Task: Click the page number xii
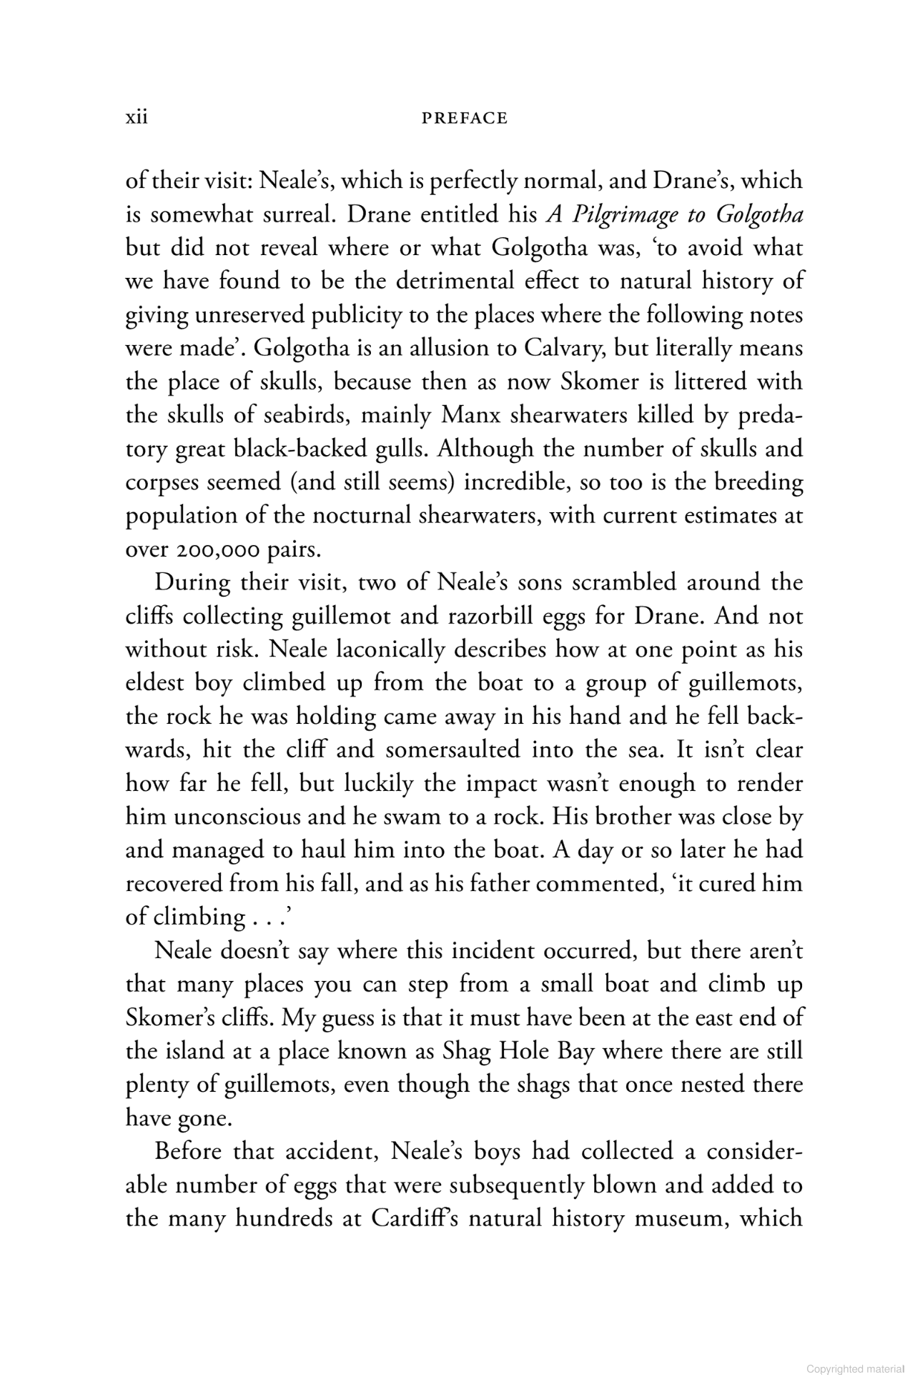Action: coord(136,117)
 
